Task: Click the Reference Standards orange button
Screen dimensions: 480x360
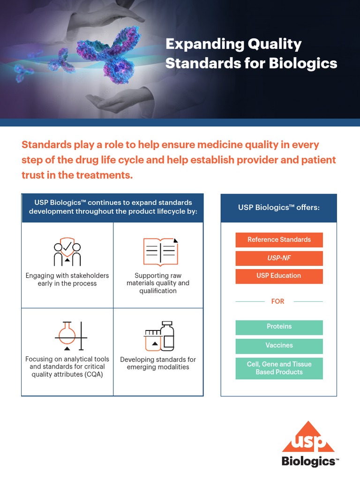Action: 279,240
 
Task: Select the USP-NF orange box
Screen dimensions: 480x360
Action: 279,258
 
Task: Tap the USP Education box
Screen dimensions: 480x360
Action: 279,276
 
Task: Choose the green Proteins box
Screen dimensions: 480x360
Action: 279,327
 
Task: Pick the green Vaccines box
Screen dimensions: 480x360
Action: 279,345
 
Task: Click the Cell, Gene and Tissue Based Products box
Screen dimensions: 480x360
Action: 279,368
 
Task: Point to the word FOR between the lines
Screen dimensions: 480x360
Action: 278,301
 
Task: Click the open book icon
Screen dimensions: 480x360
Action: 160,252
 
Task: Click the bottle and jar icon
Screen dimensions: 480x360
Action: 159,336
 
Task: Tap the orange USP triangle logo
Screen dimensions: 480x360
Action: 308,438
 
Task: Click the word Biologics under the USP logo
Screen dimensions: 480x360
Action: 308,462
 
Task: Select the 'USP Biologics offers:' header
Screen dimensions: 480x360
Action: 279,207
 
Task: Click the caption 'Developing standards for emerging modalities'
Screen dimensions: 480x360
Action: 158,363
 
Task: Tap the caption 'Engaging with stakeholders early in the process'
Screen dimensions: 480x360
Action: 67,279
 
